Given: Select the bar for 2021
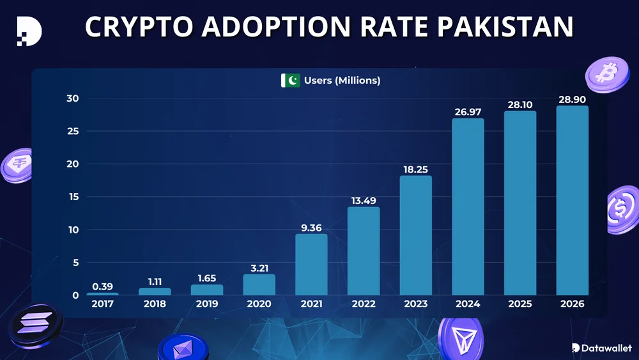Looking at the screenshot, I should tap(311, 265).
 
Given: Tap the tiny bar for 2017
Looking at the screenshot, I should tap(102, 293).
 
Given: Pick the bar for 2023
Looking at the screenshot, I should tap(415, 235).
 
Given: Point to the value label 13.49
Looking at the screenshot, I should tap(364, 201).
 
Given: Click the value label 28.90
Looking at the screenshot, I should tap(572, 100).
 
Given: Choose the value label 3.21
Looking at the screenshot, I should tap(259, 269).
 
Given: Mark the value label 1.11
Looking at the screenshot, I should tap(155, 282).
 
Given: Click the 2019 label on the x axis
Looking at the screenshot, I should tap(206, 304).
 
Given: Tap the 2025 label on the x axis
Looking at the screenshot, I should tap(520, 304).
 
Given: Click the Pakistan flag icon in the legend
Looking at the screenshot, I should tap(290, 81).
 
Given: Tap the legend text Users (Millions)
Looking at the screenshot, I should tap(342, 81).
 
